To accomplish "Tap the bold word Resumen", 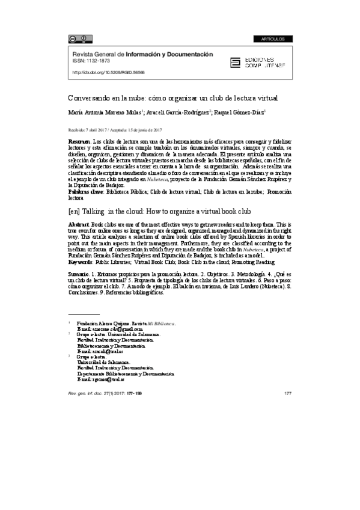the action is click(78, 140).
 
